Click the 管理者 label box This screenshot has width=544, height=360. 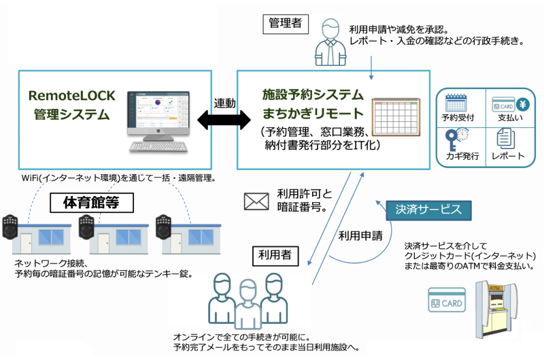pos(286,24)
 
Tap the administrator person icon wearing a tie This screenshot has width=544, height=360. pos(330,42)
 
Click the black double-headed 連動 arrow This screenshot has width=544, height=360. pos(224,120)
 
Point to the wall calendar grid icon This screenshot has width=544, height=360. pos(396,117)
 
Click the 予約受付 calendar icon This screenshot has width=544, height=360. pos(456,103)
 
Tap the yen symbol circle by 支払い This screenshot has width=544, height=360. pos(522,104)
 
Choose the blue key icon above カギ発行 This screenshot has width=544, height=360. pos(452,140)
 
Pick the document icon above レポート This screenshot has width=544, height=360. pos(505,138)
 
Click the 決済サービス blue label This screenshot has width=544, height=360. pos(429,210)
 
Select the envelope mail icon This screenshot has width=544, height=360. pos(256,201)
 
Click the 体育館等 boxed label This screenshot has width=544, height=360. pos(92,203)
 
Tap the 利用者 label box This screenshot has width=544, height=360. pos(275,256)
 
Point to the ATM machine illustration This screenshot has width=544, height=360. pos(496,310)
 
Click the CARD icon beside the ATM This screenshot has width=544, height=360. pos(447,299)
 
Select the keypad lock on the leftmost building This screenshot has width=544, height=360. pos(10,227)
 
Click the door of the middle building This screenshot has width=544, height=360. pos(103,243)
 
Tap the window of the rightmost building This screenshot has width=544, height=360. pos(201,238)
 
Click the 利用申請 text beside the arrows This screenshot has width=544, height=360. pos(360,236)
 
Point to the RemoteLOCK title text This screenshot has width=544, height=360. pos(72,96)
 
